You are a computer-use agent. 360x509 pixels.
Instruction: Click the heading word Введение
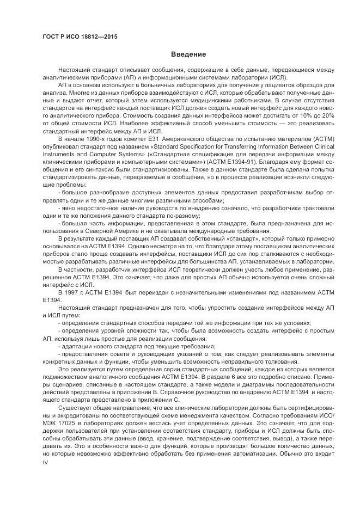coord(188,54)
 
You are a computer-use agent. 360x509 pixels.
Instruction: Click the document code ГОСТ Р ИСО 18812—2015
coord(80,36)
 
